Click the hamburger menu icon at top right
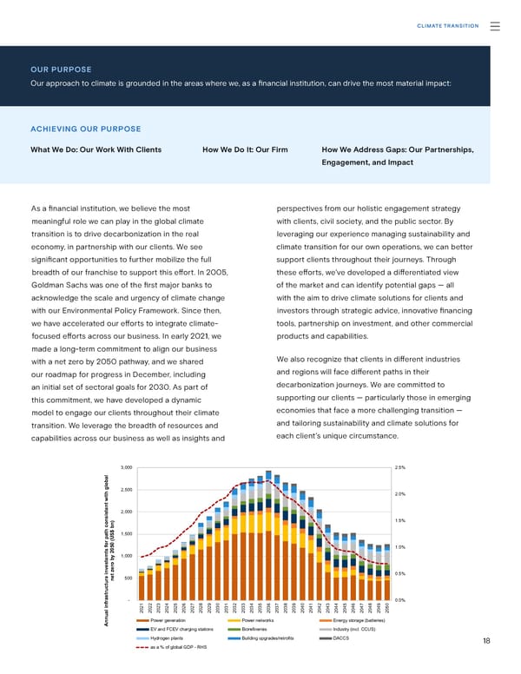click(x=495, y=26)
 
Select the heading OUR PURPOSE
click(x=61, y=69)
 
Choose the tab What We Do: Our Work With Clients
click(x=96, y=149)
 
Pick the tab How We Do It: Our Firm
click(x=245, y=149)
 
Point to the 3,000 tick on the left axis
click(x=126, y=467)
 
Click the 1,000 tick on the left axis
click(x=126, y=556)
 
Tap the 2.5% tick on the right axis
click(x=400, y=467)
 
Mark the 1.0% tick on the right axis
click(x=400, y=547)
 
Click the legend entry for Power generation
click(x=168, y=620)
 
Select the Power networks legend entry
click(x=259, y=620)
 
